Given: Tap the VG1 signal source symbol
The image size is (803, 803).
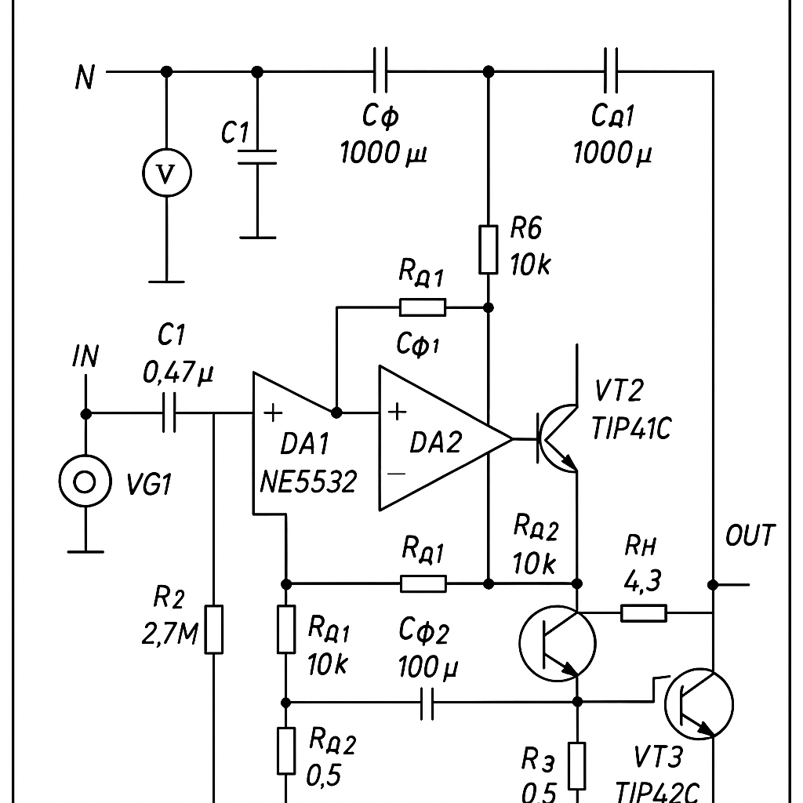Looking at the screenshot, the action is click(x=85, y=481).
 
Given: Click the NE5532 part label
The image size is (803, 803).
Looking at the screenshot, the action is click(x=307, y=482).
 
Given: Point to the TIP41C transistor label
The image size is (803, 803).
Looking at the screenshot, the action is click(x=630, y=428).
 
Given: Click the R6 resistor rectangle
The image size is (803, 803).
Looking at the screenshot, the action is click(x=488, y=249).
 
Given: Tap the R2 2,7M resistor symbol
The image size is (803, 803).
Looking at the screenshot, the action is click(x=213, y=630).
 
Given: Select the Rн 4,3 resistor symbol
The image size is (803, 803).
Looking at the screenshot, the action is click(x=644, y=613).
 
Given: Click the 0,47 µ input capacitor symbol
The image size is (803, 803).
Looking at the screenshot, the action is click(x=169, y=412).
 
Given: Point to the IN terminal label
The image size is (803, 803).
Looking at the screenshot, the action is click(x=85, y=357).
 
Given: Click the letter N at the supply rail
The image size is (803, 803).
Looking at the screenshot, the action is click(x=85, y=77).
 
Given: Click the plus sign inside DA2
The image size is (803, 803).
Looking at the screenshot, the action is click(x=398, y=412).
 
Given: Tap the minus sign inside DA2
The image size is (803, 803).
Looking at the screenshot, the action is click(x=396, y=474).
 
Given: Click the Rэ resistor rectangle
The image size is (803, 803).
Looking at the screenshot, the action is click(x=577, y=765).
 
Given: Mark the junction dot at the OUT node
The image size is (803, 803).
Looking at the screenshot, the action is click(x=713, y=584).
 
